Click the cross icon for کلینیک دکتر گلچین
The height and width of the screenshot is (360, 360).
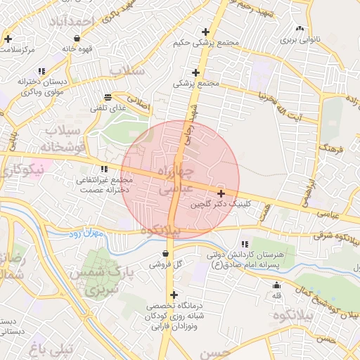click(x=221, y=193)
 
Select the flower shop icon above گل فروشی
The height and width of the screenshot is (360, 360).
click(x=165, y=254)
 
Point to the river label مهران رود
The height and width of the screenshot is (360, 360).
click(x=86, y=233)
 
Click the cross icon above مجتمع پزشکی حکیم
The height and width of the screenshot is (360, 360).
click(x=205, y=32)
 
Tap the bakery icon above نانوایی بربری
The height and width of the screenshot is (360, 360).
click(x=300, y=29)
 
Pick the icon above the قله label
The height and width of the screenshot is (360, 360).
click(x=276, y=285)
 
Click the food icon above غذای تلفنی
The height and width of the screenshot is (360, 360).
click(x=107, y=97)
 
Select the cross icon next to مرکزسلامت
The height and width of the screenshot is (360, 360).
click(x=8, y=39)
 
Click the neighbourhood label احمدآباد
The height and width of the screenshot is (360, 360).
click(x=71, y=21)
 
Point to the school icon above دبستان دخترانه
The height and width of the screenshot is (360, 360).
click(x=43, y=70)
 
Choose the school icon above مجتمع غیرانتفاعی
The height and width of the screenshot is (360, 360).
click(x=104, y=169)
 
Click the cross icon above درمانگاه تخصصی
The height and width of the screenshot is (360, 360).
click(x=174, y=295)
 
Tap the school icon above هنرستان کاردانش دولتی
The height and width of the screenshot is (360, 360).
click(x=245, y=243)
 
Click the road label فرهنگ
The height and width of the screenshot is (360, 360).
click(x=329, y=148)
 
